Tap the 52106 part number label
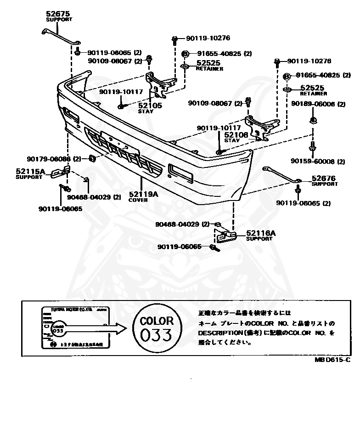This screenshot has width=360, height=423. [236, 134]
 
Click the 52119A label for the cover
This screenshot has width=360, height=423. [143, 194]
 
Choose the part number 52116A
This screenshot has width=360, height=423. [261, 233]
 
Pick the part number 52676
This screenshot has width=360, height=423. [324, 178]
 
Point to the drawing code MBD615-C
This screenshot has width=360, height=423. [332, 361]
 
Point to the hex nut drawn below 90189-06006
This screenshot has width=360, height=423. [312, 121]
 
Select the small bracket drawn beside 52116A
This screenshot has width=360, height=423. [225, 237]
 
